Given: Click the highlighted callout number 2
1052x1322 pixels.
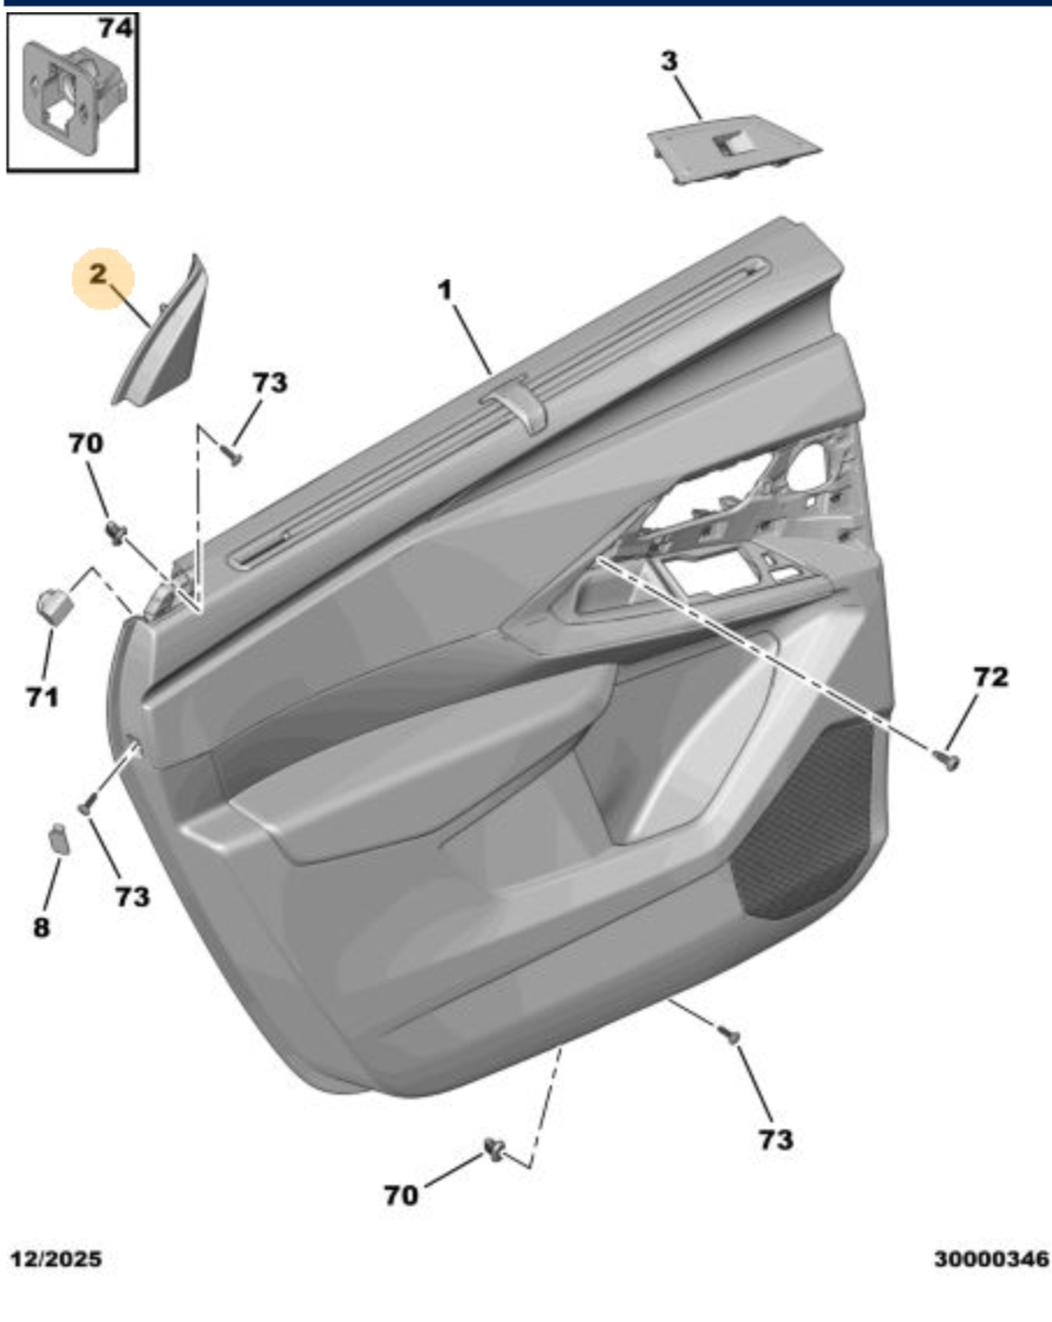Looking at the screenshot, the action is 98,274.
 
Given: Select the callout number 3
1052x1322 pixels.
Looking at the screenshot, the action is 669,61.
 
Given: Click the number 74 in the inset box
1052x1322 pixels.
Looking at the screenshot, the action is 116,28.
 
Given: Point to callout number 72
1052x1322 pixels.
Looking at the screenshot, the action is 991,677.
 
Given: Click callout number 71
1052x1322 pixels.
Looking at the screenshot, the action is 42,697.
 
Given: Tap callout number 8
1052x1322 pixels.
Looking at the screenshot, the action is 42,928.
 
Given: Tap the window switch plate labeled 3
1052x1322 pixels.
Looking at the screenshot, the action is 734,149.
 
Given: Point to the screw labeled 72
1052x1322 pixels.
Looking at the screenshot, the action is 947,761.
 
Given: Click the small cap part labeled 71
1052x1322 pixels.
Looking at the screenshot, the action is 55,605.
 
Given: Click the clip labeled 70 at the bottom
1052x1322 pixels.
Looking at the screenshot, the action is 494,1148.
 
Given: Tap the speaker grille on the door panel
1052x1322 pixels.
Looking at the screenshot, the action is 807,823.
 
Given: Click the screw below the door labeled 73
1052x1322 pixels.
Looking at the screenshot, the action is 728,1034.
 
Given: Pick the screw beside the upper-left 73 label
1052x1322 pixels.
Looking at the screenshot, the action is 233,456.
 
